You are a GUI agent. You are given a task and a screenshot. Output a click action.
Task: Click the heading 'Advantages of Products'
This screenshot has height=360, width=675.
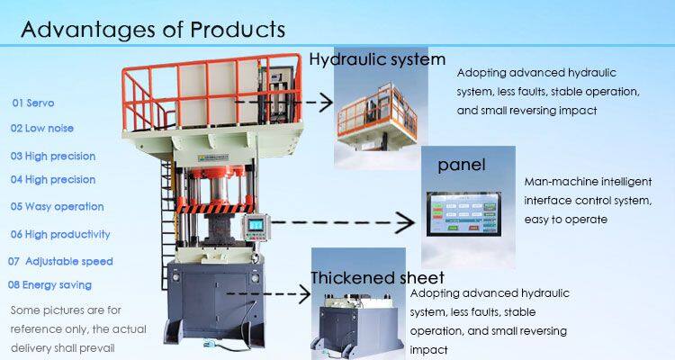(153, 29)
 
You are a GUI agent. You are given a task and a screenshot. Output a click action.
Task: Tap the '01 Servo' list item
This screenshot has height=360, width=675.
(35, 103)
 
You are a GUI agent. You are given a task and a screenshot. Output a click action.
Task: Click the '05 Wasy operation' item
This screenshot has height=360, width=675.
(57, 206)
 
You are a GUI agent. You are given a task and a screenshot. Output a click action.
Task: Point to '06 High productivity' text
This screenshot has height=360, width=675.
(59, 234)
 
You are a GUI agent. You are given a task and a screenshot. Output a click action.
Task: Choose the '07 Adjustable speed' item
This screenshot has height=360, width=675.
(60, 261)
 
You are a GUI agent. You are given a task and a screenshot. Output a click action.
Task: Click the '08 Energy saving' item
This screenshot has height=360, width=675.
(49, 285)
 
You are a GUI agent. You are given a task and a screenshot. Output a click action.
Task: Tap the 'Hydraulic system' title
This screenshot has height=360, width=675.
(377, 60)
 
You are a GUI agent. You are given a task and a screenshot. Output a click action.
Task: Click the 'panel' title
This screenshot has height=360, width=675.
(461, 166)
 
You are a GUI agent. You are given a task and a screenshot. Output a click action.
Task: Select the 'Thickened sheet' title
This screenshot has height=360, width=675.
(377, 277)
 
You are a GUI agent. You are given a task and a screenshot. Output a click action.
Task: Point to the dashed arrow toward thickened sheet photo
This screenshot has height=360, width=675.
(270, 293)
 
